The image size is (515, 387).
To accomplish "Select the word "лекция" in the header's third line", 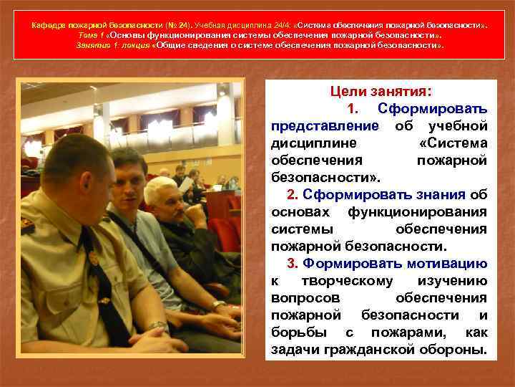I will (x=136, y=44).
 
